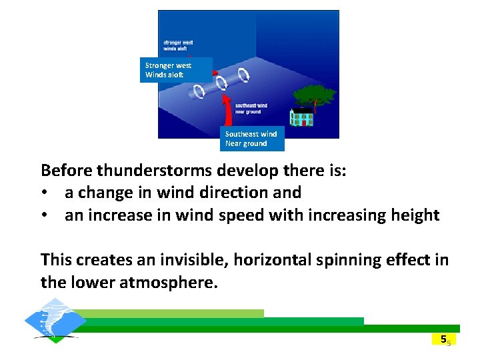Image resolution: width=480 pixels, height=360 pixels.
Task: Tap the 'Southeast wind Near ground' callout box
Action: pos(251,139)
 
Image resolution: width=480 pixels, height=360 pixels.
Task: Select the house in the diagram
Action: pos(301,118)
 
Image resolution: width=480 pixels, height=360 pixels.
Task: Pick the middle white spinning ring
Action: pos(223,82)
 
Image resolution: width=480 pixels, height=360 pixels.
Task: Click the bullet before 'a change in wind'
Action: pos(44,193)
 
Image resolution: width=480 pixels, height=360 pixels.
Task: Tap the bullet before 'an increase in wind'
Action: pos(44,216)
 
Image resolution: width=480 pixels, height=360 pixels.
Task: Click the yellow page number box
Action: pos(443,339)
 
